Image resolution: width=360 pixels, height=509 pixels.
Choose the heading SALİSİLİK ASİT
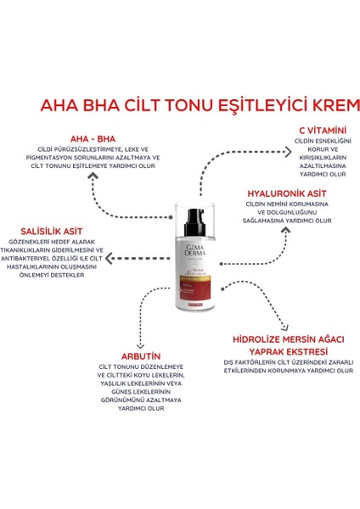point(52,228)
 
